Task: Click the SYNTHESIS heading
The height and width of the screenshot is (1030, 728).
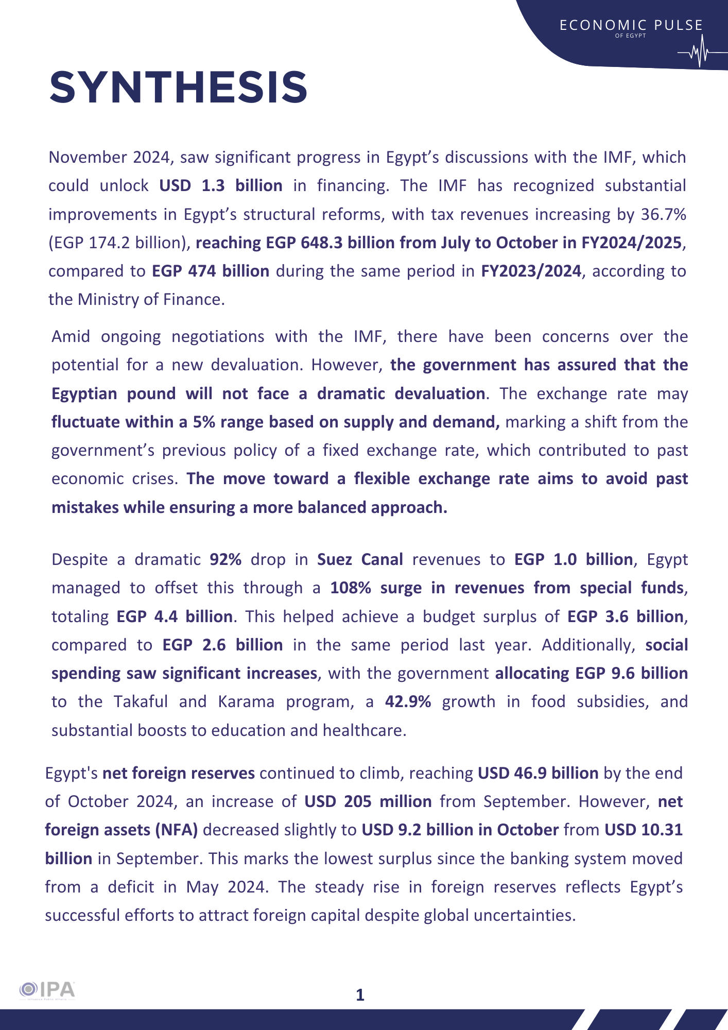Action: tap(178, 87)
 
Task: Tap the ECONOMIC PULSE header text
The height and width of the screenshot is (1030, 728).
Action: tap(631, 25)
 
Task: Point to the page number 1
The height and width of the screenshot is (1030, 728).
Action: tap(360, 995)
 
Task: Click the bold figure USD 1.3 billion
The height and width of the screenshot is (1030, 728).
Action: tap(220, 185)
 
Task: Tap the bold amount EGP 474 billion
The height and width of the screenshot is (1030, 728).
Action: tap(210, 271)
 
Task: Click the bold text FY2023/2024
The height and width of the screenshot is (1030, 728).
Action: tap(531, 271)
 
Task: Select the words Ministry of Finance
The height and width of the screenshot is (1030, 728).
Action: tap(150, 299)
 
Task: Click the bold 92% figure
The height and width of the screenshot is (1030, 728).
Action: tap(226, 559)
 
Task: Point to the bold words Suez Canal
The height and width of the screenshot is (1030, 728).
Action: tap(360, 559)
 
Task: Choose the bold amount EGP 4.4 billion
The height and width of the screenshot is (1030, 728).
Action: tap(175, 616)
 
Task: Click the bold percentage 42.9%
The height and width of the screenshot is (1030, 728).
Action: tap(408, 701)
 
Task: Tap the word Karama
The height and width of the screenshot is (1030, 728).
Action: tap(246, 701)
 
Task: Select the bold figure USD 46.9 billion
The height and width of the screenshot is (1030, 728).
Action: tap(538, 773)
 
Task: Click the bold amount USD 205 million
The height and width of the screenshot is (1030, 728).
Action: tap(368, 801)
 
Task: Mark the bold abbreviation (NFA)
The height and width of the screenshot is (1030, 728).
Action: tap(176, 830)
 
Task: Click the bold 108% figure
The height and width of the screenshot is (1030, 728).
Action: tap(351, 588)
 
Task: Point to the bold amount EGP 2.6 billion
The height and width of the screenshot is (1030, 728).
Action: tap(222, 645)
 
